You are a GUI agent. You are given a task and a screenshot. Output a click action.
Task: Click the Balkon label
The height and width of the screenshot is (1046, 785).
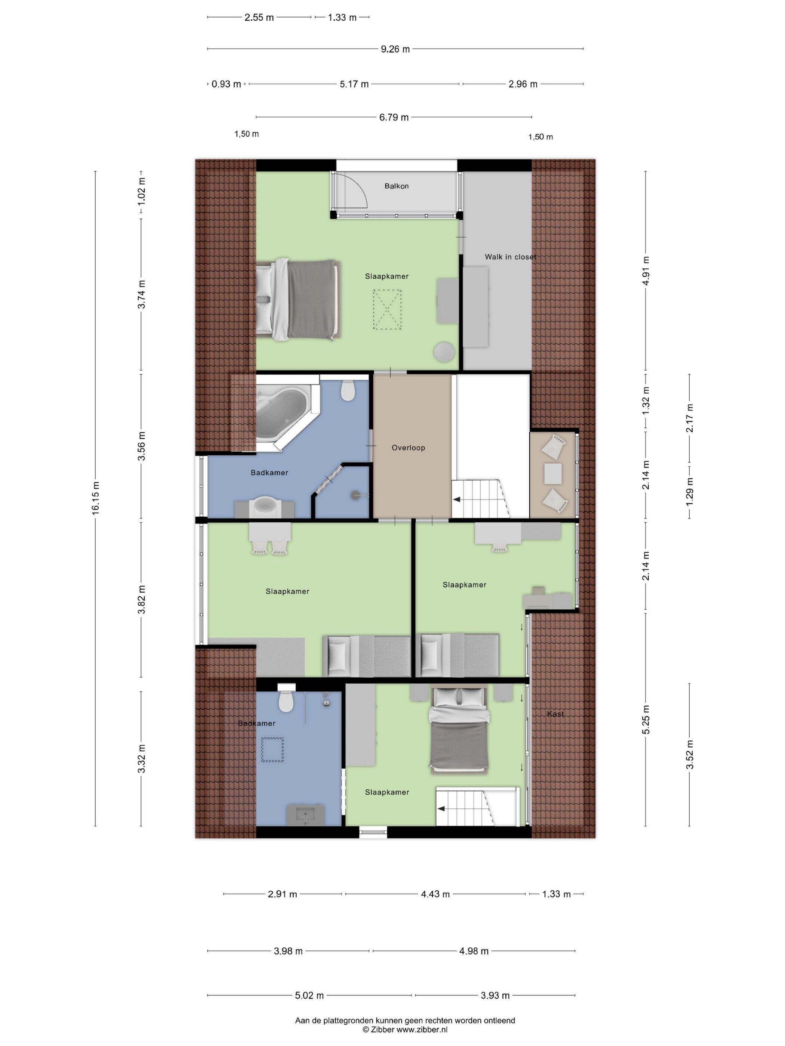point(396,186)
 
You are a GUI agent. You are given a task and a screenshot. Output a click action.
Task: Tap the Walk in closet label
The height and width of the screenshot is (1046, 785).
point(510,257)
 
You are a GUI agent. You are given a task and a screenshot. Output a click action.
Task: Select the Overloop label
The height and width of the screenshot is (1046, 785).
point(408,447)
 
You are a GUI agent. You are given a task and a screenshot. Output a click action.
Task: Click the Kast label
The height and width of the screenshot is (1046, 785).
point(555,714)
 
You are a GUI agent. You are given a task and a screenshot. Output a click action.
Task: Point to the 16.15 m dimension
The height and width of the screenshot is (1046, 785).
point(96,498)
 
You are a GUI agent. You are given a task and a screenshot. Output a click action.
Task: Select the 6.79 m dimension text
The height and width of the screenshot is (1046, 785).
point(394,117)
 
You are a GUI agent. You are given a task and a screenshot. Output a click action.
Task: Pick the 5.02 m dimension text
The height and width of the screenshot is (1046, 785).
point(309,996)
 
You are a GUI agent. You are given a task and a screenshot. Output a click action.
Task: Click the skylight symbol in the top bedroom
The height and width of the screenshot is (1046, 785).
point(387,309)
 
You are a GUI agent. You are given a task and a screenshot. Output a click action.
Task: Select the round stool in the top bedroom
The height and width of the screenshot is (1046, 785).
point(444,352)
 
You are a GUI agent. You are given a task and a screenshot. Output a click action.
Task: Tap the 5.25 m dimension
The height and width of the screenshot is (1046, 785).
point(646,720)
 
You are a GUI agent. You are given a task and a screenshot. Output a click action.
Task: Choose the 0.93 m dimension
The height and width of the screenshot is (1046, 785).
point(226,84)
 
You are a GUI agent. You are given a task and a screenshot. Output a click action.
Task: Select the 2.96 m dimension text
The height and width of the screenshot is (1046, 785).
point(523,84)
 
